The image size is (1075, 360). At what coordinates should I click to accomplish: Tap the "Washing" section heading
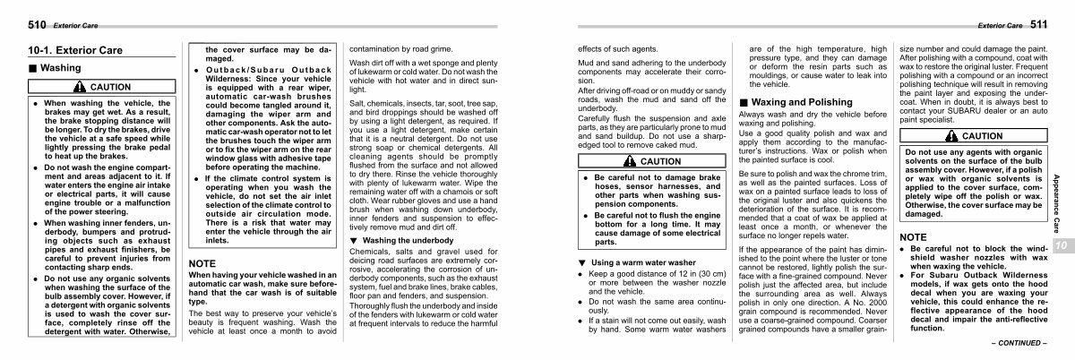point(56,68)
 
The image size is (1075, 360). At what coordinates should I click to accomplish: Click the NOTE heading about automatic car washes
point(203,237)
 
